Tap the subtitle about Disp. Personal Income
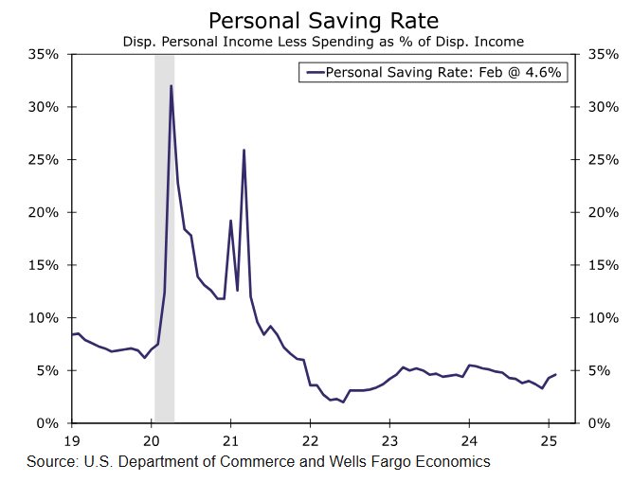[321, 42]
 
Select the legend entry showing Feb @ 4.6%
[435, 72]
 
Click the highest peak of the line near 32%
[171, 86]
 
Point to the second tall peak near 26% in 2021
[244, 150]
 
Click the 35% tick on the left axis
[44, 54]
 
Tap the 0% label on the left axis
[48, 423]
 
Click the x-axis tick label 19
[73, 440]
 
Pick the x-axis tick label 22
[311, 440]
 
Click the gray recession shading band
[164, 237]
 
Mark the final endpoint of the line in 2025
[556, 375]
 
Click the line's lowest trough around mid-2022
[342, 402]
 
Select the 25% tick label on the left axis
[44, 159]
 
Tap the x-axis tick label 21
[231, 440]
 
